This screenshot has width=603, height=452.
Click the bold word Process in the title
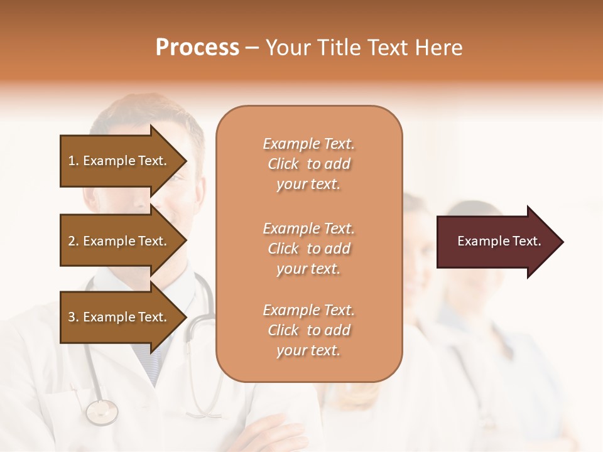(x=197, y=47)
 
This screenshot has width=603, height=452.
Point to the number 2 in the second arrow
(x=72, y=241)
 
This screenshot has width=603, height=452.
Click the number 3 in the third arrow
(x=72, y=317)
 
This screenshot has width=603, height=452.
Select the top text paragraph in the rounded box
(x=308, y=164)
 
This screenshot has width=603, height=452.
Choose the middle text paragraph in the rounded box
(x=308, y=249)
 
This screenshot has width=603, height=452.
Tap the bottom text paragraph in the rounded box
(x=308, y=330)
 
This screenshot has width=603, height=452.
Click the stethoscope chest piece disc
(x=102, y=412)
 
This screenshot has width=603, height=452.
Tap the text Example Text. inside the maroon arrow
(x=499, y=241)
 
